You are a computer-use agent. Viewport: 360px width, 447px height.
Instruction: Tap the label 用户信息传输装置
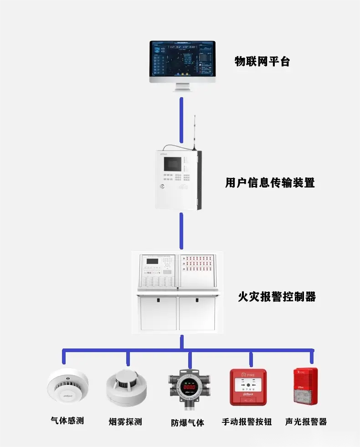(x=270, y=183)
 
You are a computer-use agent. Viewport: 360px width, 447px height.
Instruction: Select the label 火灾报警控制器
(x=277, y=297)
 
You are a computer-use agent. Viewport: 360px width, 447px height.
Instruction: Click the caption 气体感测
(x=67, y=421)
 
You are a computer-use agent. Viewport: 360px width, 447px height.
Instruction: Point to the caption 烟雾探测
(x=125, y=421)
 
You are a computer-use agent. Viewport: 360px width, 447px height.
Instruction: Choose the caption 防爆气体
(x=187, y=422)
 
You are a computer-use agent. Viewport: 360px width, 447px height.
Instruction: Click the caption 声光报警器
(x=306, y=421)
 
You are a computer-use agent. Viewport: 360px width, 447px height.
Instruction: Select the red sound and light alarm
(x=305, y=386)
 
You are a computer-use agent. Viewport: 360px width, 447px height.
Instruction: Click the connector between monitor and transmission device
(x=181, y=119)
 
